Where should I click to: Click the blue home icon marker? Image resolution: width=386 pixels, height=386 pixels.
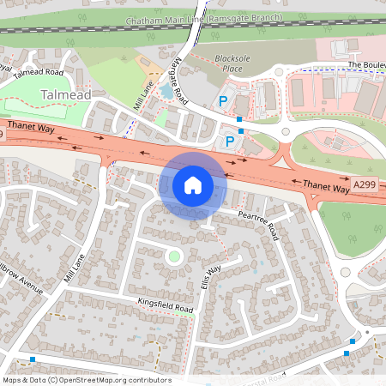click(x=193, y=185)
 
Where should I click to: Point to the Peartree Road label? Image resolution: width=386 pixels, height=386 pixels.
click(x=260, y=225)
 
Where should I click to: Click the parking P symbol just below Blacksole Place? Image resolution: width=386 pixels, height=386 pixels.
click(x=222, y=100)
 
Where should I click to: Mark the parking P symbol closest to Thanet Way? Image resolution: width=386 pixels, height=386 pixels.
click(x=229, y=141)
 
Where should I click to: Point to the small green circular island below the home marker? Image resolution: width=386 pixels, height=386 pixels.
click(x=174, y=256)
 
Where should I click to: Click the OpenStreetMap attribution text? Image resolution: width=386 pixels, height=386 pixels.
click(x=86, y=380)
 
